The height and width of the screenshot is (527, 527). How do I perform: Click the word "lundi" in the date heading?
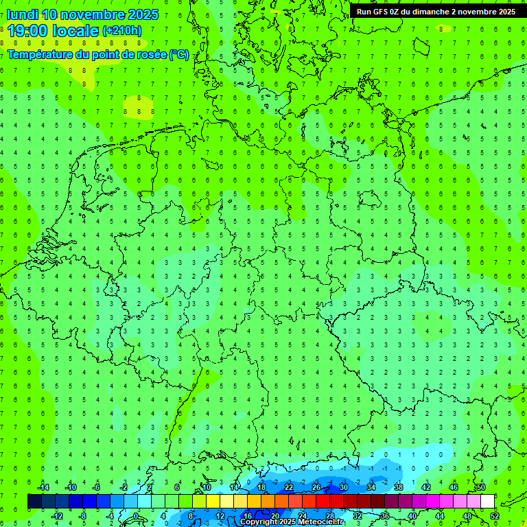coord(22,14)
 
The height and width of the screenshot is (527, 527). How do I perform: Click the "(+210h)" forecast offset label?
coord(122,31)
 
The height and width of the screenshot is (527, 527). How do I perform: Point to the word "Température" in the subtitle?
coord(40,54)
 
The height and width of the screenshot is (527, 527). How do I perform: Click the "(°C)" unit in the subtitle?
coord(179,54)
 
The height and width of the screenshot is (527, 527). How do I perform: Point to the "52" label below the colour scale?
coord(494,516)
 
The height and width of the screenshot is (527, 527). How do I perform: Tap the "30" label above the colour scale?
coord(343,487)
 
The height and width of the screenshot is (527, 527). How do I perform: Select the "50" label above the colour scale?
coord(480,487)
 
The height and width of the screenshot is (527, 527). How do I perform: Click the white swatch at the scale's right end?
coord(487,502)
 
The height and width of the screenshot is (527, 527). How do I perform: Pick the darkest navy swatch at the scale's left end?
coord(35,502)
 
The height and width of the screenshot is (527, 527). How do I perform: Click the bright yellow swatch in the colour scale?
coord(226,502)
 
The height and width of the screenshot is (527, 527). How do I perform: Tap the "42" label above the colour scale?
coord(425,487)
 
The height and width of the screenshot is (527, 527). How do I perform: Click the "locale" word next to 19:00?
coord(75,31)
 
